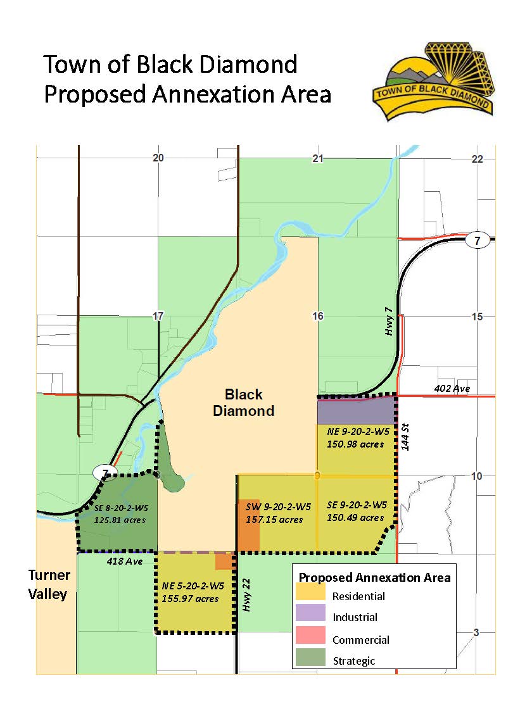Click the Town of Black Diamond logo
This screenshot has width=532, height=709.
point(433,80)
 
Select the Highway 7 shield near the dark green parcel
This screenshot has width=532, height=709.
point(103,472)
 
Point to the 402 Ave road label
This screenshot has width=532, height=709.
point(452,388)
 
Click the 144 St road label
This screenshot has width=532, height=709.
point(405,436)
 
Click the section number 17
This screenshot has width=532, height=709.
point(158,316)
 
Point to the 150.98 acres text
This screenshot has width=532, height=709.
point(355,444)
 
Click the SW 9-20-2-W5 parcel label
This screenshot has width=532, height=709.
point(278,507)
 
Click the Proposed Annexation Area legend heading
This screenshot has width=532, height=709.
point(374,577)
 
